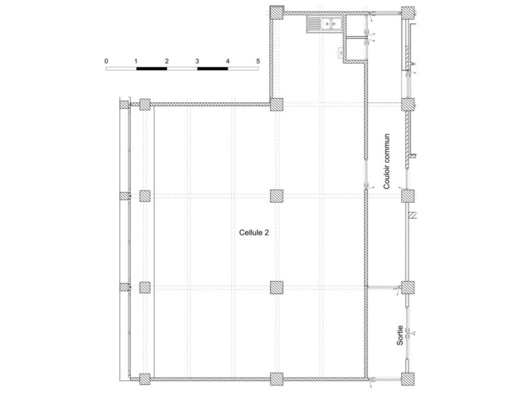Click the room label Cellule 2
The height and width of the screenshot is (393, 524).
click(x=254, y=233)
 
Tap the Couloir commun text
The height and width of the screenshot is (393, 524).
click(x=386, y=162)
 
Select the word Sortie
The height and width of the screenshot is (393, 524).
click(x=400, y=336)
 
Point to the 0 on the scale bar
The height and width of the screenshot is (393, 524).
click(x=106, y=61)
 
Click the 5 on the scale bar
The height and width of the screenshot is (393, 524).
click(x=258, y=61)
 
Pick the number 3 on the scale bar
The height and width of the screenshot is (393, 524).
click(x=197, y=61)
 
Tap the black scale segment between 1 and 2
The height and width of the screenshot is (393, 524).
click(x=151, y=68)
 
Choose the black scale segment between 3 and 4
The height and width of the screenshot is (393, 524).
click(x=212, y=68)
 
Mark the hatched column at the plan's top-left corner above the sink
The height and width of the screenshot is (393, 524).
click(x=277, y=13)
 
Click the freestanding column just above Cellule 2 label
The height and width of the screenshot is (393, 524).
click(x=277, y=196)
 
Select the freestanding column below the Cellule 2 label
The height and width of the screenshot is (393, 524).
click(x=277, y=287)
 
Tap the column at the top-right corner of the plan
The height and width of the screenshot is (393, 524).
click(x=408, y=13)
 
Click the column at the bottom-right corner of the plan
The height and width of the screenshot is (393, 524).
click(x=408, y=379)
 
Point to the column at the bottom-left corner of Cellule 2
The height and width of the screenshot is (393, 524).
click(x=145, y=379)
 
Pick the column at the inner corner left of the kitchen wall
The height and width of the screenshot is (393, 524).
click(x=277, y=104)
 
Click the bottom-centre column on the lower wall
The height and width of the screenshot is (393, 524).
click(x=277, y=379)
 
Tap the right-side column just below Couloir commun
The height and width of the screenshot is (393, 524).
click(x=408, y=196)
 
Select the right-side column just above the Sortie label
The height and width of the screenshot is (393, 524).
click(x=408, y=287)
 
